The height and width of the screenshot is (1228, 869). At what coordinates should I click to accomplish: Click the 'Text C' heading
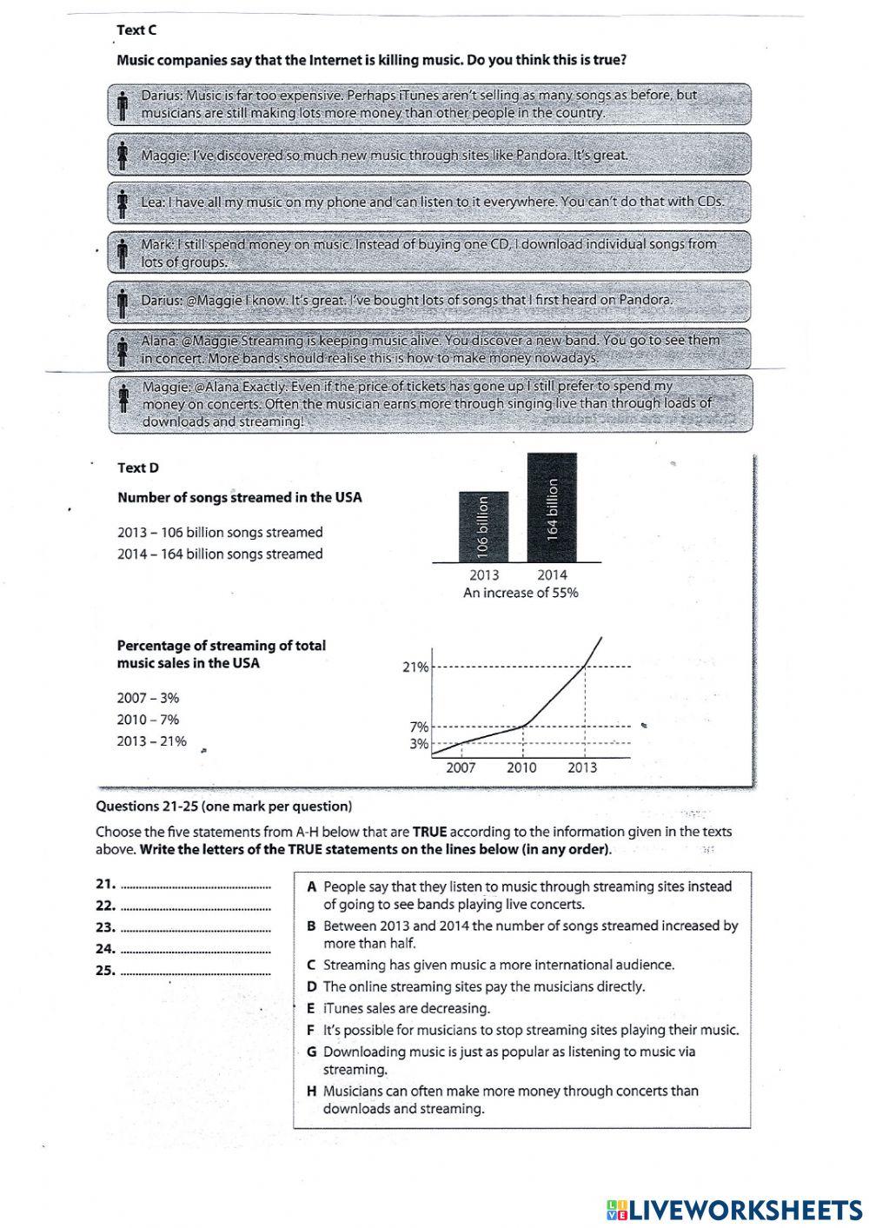tap(136, 30)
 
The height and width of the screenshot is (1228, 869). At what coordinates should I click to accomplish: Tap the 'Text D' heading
tap(137, 468)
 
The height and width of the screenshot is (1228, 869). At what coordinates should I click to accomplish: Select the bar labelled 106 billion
tap(483, 526)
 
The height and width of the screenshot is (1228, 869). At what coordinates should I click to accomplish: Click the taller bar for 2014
tap(552, 508)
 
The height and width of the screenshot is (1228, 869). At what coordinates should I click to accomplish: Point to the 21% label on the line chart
tap(415, 667)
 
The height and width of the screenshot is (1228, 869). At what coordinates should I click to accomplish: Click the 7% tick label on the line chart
tap(419, 727)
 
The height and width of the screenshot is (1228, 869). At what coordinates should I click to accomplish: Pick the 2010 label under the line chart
tap(521, 767)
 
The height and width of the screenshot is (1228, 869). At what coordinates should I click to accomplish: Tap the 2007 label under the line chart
tap(461, 767)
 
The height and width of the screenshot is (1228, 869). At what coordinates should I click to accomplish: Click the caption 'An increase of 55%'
tap(521, 593)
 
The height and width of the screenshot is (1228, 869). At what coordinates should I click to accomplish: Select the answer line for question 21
tap(196, 886)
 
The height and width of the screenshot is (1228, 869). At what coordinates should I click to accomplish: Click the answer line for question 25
tap(196, 972)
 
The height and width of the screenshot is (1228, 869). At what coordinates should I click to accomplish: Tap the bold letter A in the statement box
tap(311, 887)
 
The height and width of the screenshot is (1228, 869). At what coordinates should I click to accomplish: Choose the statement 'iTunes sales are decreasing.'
tap(406, 1008)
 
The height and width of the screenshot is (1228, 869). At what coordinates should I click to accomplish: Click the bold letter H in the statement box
tap(311, 1092)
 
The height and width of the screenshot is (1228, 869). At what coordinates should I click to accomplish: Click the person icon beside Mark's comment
tap(123, 253)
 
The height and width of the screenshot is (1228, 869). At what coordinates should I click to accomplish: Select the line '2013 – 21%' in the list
tap(151, 741)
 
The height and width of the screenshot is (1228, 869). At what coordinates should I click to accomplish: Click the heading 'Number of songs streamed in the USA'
tap(239, 498)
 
